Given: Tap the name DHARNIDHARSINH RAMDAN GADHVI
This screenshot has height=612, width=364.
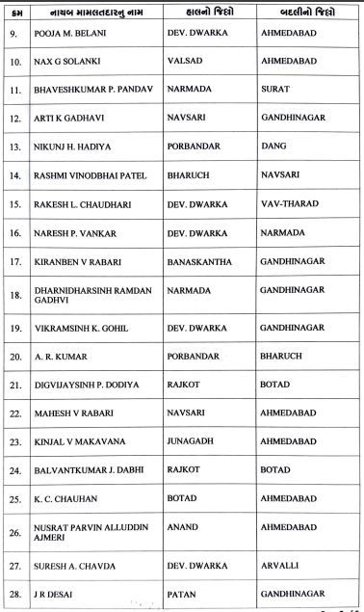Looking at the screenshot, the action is tap(91, 294).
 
